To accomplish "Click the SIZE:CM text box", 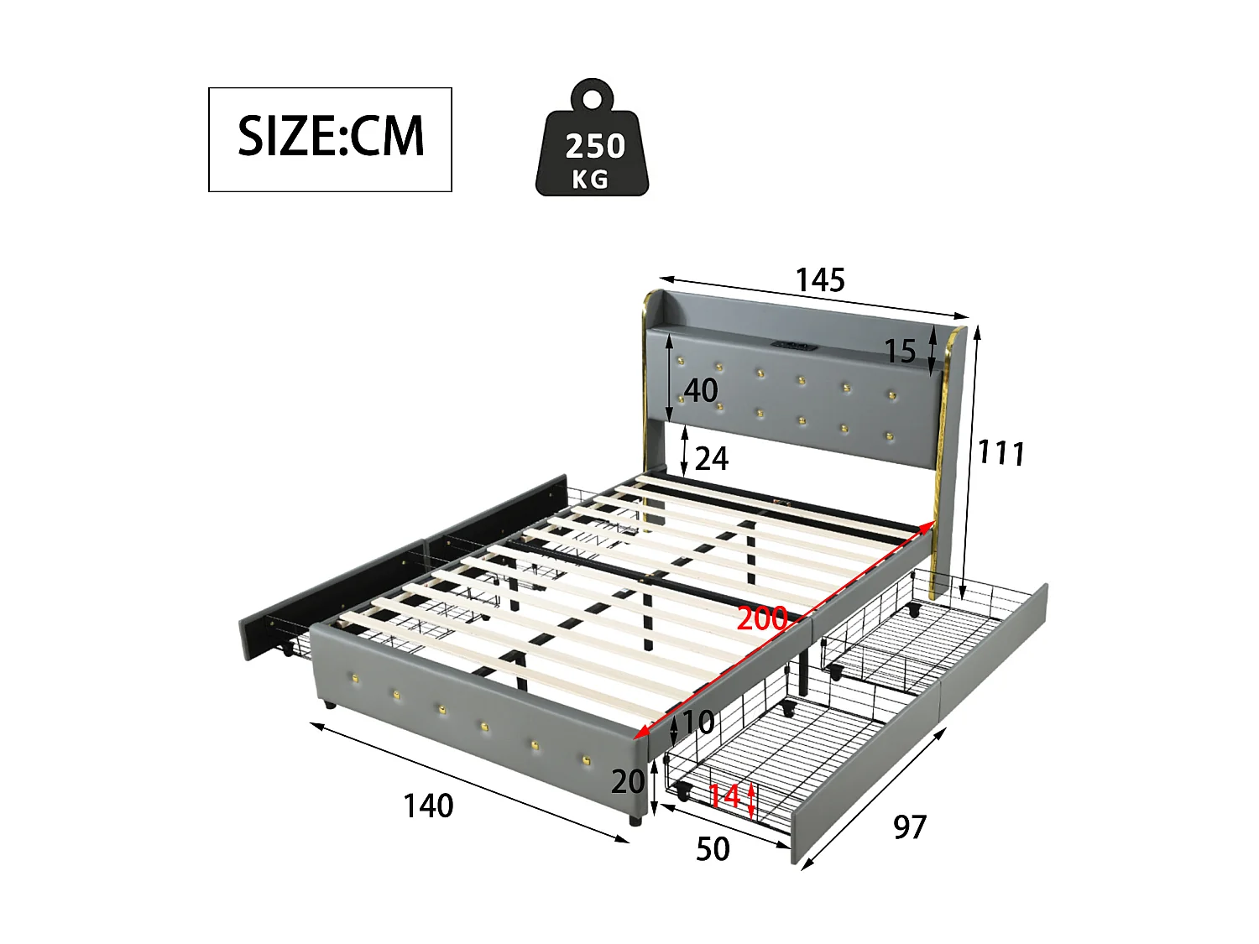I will point(330,139).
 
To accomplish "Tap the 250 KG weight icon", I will point(593,143).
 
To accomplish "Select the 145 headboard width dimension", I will point(820,280).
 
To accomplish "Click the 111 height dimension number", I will point(1001,453).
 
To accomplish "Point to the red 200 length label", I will point(761,619).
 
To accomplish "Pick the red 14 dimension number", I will point(724,795).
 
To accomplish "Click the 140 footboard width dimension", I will point(428,806).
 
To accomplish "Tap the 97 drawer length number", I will point(910,827).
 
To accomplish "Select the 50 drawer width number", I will point(713,849).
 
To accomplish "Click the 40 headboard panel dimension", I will point(701,391).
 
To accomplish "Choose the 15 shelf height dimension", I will point(900,352).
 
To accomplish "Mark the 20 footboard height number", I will point(628,782).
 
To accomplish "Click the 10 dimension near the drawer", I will point(697,722).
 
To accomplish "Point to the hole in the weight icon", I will point(593,97).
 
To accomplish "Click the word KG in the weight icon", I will point(590,179).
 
